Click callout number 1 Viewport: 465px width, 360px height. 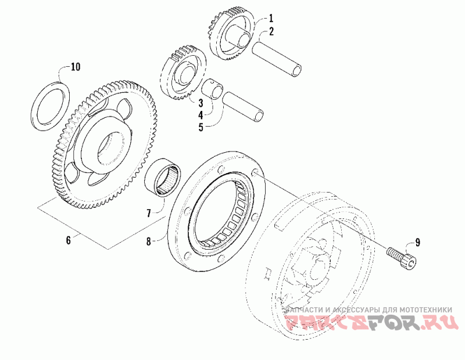tap(270, 19)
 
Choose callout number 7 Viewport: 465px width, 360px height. tap(149, 213)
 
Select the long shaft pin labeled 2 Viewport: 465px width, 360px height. tap(278, 57)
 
